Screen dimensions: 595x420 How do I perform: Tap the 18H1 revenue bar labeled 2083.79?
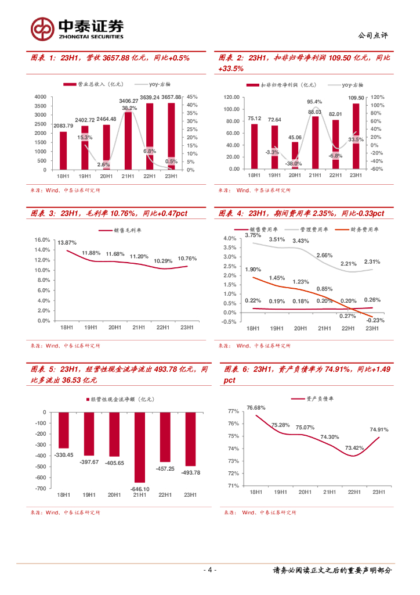63,150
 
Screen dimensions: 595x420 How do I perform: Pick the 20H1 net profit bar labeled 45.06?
295,155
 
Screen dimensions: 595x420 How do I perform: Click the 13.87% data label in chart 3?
67,242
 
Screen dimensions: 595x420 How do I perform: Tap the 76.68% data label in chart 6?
256,407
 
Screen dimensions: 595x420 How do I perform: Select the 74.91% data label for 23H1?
379,430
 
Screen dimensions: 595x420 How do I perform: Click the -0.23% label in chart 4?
376,321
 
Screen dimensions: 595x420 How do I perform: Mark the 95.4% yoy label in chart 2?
314,102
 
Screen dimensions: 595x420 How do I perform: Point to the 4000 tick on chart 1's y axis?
40,96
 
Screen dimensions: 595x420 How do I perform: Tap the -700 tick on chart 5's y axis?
41,489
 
